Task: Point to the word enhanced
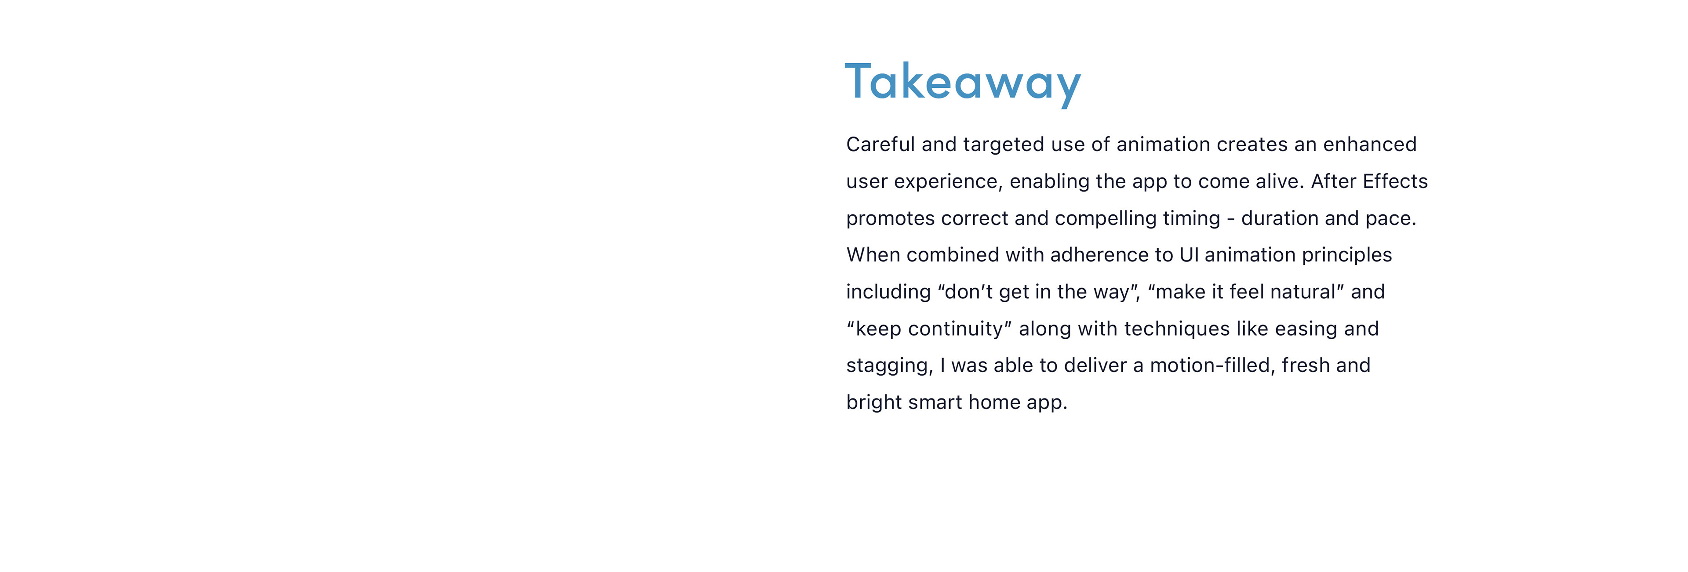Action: point(1370,144)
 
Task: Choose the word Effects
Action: point(1395,181)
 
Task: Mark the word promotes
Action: point(891,219)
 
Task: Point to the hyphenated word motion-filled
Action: point(1212,365)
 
